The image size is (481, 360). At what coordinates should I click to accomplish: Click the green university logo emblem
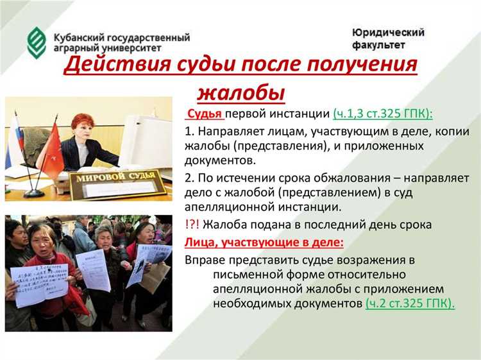coord(37,40)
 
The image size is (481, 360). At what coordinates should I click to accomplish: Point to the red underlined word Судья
coord(205,114)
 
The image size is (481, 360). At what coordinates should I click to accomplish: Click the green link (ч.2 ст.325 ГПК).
coord(410,304)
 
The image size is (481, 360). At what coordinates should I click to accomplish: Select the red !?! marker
coord(193,225)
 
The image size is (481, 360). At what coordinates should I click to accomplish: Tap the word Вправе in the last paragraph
coord(204,259)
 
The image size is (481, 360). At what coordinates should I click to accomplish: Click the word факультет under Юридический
coord(378,46)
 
